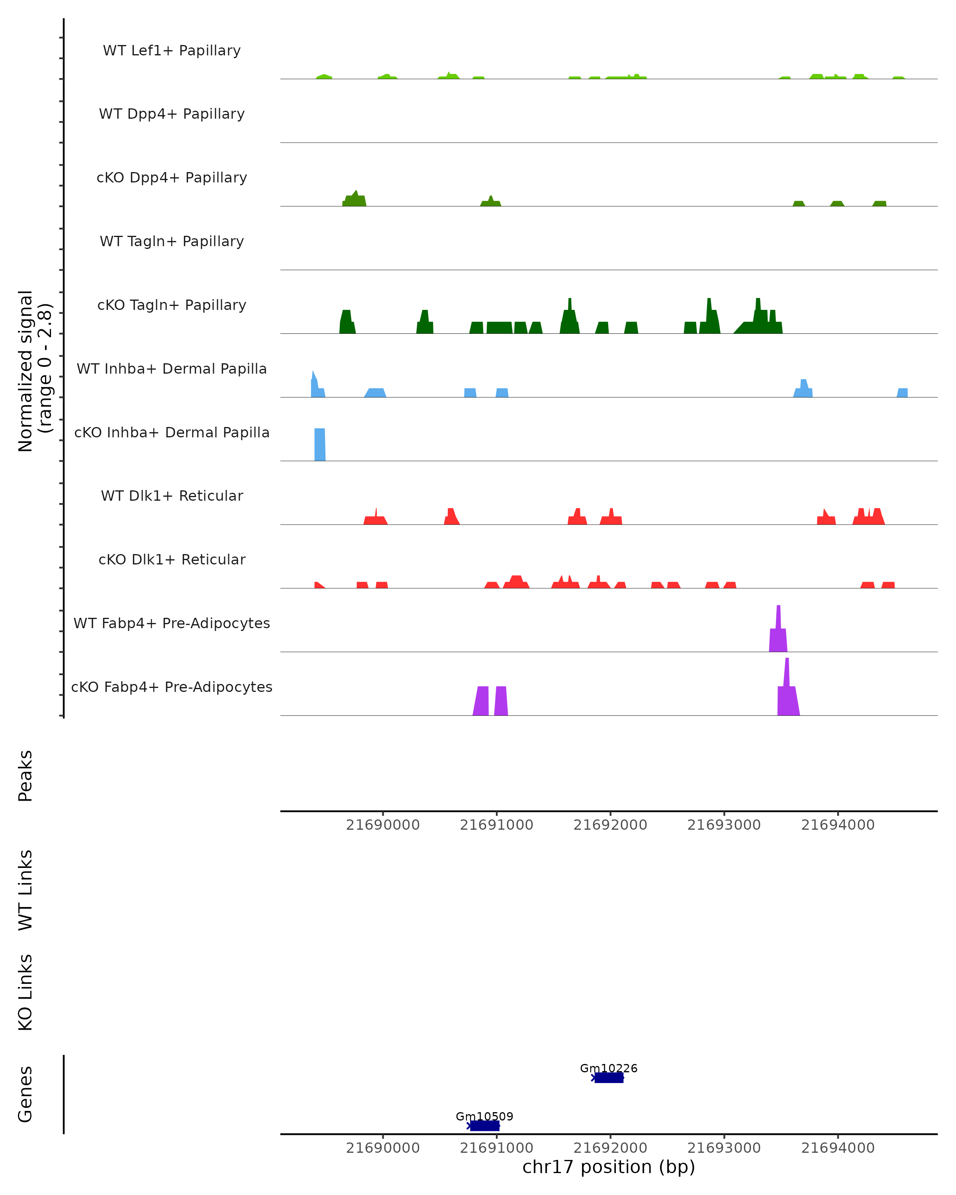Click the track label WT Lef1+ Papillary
point(172,51)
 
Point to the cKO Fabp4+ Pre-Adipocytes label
point(172,687)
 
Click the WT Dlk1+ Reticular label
point(172,496)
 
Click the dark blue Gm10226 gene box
point(609,1077)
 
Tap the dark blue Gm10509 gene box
point(485,1126)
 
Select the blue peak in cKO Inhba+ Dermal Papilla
point(320,445)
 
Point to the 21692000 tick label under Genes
point(610,1148)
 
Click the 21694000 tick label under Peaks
point(838,825)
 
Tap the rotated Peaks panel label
point(25,776)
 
